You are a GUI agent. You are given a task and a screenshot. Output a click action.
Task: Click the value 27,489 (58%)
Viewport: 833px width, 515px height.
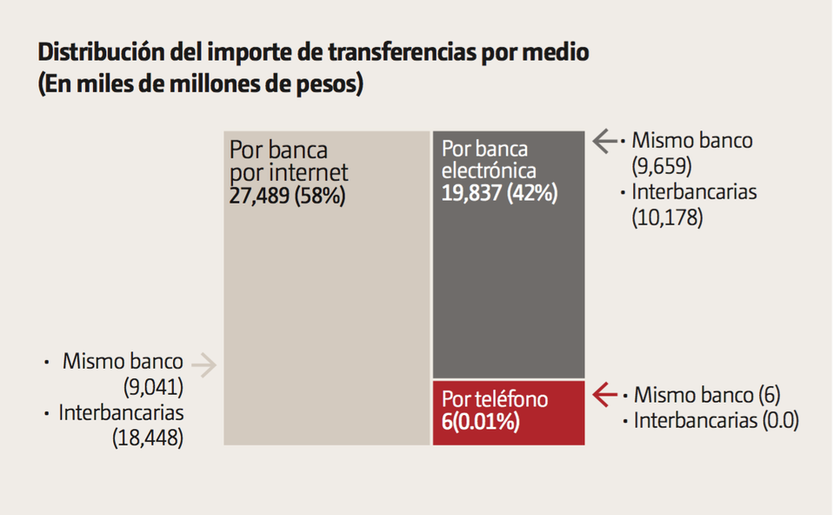point(287,196)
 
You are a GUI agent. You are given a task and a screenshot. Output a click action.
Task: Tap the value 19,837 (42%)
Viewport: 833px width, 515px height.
point(499,193)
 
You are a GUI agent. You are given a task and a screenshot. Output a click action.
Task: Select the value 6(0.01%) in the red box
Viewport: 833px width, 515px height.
point(480,423)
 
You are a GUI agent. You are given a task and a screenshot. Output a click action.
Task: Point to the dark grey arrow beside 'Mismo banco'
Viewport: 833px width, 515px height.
point(605,141)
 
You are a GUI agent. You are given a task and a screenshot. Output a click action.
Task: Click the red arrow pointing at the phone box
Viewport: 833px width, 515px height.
point(605,395)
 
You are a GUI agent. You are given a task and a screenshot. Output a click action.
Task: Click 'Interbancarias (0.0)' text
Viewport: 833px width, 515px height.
point(716,421)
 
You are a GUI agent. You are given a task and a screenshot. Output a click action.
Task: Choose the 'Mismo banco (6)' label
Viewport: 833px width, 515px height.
point(707,395)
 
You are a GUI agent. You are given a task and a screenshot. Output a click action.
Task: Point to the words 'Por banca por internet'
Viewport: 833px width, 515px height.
point(288,161)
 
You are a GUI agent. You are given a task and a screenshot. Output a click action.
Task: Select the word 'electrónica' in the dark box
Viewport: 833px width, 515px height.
point(489,171)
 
